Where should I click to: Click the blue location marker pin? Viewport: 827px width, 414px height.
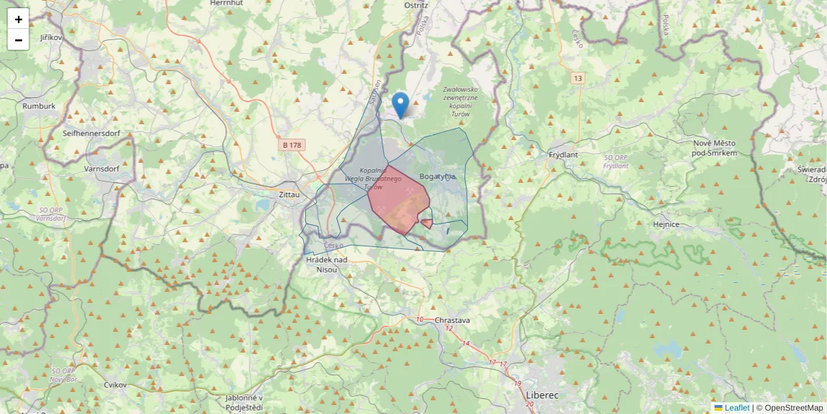click(x=400, y=106)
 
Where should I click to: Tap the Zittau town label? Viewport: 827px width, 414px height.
click(x=289, y=195)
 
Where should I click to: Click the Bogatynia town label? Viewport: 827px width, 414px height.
click(x=438, y=177)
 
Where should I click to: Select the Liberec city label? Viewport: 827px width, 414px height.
click(x=542, y=395)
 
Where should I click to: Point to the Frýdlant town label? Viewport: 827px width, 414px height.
click(x=563, y=155)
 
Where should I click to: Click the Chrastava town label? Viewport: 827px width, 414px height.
click(x=452, y=321)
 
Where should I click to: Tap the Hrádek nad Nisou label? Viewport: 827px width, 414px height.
click(x=326, y=264)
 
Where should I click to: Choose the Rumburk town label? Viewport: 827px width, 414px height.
click(x=39, y=106)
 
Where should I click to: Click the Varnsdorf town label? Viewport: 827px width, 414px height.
click(x=102, y=168)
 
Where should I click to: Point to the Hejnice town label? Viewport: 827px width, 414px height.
click(x=666, y=224)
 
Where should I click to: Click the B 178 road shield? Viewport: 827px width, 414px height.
click(x=292, y=145)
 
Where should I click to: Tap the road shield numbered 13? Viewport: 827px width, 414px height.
click(x=577, y=79)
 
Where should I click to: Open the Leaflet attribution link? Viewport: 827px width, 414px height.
click(x=737, y=408)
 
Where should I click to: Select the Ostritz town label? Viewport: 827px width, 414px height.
click(x=416, y=5)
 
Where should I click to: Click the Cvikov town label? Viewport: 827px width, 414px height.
click(x=115, y=384)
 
